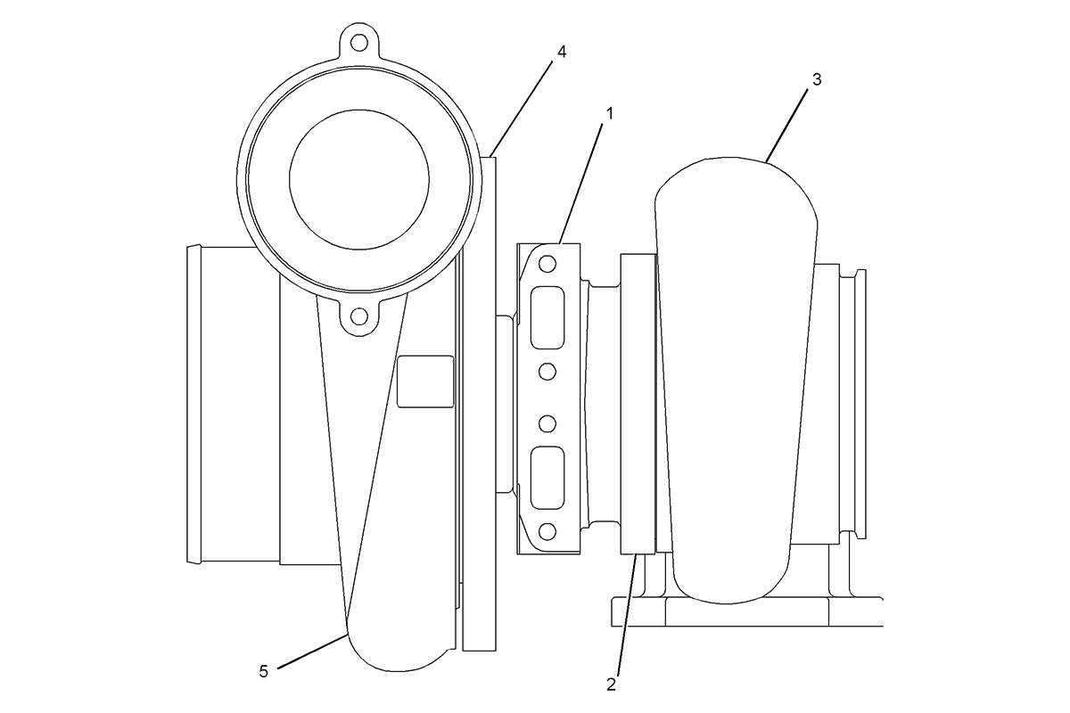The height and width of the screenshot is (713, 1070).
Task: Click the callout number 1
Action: [610, 114]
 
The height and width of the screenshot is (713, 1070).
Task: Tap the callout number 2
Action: [612, 684]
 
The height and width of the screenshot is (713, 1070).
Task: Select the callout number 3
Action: [817, 79]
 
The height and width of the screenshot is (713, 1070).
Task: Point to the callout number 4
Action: [562, 52]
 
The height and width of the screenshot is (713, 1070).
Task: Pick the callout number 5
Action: [264, 671]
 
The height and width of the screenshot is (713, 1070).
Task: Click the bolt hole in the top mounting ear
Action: [358, 43]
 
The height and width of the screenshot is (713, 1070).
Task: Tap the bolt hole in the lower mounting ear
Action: [358, 316]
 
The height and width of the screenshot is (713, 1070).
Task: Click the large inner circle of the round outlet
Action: [359, 179]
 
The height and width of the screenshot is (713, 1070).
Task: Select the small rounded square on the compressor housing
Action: [425, 381]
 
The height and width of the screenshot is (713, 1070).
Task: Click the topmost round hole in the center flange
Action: [547, 263]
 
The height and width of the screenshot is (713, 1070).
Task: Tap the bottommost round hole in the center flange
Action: [547, 531]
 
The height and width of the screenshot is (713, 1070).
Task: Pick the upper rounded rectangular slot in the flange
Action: [547, 317]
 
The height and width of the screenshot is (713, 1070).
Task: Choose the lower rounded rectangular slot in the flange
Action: [547, 478]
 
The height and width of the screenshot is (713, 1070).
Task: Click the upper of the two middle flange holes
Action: [547, 372]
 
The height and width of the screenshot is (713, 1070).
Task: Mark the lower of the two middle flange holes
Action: [547, 423]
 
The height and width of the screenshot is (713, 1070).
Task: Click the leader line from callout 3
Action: [786, 125]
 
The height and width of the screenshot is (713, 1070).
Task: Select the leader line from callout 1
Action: [580, 184]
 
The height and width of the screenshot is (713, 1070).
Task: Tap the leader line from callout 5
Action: [312, 651]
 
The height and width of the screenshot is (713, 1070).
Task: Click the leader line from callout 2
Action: [627, 614]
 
